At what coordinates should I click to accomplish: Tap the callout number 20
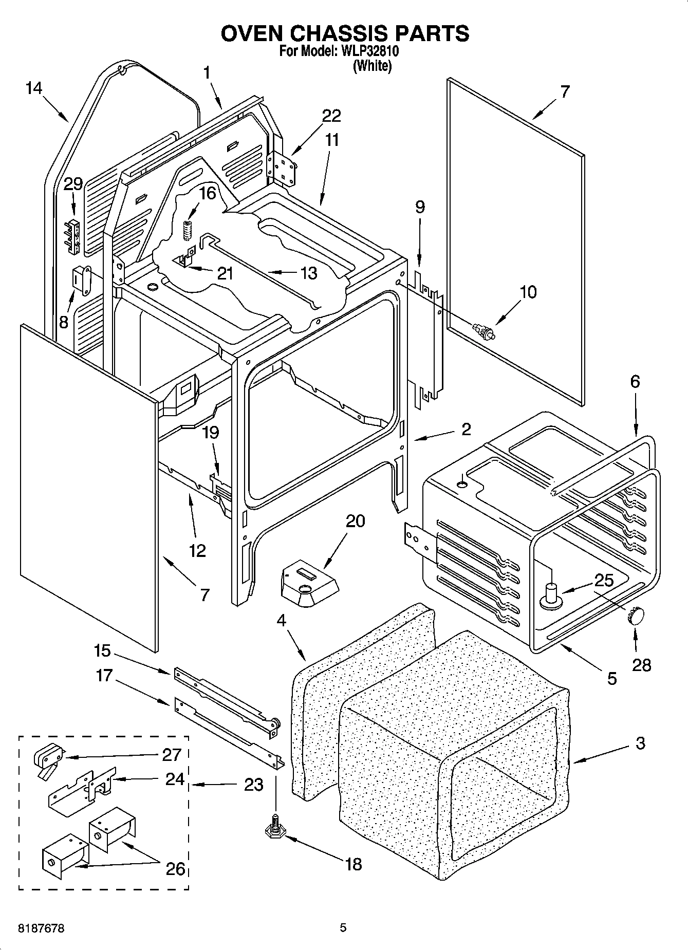355,521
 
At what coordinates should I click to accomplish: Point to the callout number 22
331,116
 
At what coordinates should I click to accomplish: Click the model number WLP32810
367,52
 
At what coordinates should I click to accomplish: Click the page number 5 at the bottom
343,928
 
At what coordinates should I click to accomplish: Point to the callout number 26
175,869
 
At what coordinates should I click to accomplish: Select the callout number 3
640,743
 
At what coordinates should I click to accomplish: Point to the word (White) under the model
372,66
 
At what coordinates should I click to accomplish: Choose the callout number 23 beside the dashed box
253,785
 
